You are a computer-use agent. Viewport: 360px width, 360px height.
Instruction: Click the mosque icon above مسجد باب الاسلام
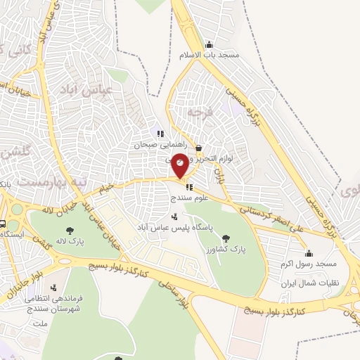pos(209,44)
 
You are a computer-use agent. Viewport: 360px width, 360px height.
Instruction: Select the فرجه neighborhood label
pos(200,112)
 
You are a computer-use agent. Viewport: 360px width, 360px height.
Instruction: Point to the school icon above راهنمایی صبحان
pos(161,133)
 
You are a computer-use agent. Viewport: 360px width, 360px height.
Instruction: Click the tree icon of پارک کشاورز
pos(225,238)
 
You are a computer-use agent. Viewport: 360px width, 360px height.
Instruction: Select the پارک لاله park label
pos(71,242)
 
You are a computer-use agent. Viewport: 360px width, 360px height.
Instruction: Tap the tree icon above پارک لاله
pos(69,230)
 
